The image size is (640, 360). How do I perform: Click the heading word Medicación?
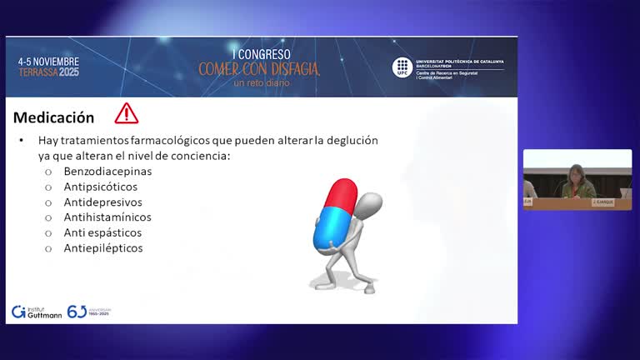[x=54, y=117]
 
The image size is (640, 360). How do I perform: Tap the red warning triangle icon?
[x=127, y=113]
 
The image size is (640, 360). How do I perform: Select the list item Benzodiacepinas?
[x=107, y=171]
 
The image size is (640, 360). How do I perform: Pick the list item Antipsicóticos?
[x=101, y=187]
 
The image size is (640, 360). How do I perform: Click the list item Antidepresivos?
[x=102, y=202]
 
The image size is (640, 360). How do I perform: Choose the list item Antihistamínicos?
[x=107, y=217]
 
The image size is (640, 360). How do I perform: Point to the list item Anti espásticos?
[x=102, y=232]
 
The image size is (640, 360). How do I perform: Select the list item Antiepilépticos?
[x=103, y=247]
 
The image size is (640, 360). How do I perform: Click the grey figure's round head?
[x=370, y=203]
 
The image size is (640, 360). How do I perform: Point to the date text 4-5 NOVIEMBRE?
[x=48, y=62]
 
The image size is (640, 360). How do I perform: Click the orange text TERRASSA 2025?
[x=48, y=72]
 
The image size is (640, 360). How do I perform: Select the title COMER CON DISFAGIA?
[x=258, y=68]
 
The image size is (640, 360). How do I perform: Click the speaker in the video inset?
[x=577, y=182]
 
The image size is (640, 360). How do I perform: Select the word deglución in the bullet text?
[x=349, y=140]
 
